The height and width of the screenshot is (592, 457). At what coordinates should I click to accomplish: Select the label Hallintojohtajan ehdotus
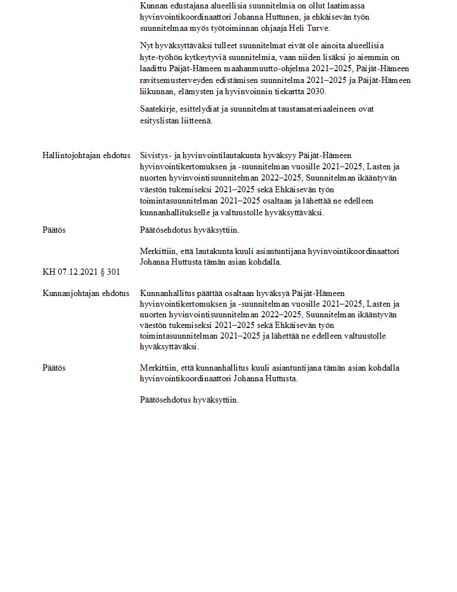click(x=86, y=155)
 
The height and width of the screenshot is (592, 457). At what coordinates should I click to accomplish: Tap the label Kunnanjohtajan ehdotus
click(x=86, y=293)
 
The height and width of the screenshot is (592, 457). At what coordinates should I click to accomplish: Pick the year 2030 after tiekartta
click(x=315, y=91)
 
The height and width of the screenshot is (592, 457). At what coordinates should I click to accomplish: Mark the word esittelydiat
click(x=204, y=109)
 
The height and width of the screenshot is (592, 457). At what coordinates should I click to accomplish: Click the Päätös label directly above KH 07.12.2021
click(x=54, y=230)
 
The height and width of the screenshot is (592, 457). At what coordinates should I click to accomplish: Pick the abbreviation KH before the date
click(x=49, y=272)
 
